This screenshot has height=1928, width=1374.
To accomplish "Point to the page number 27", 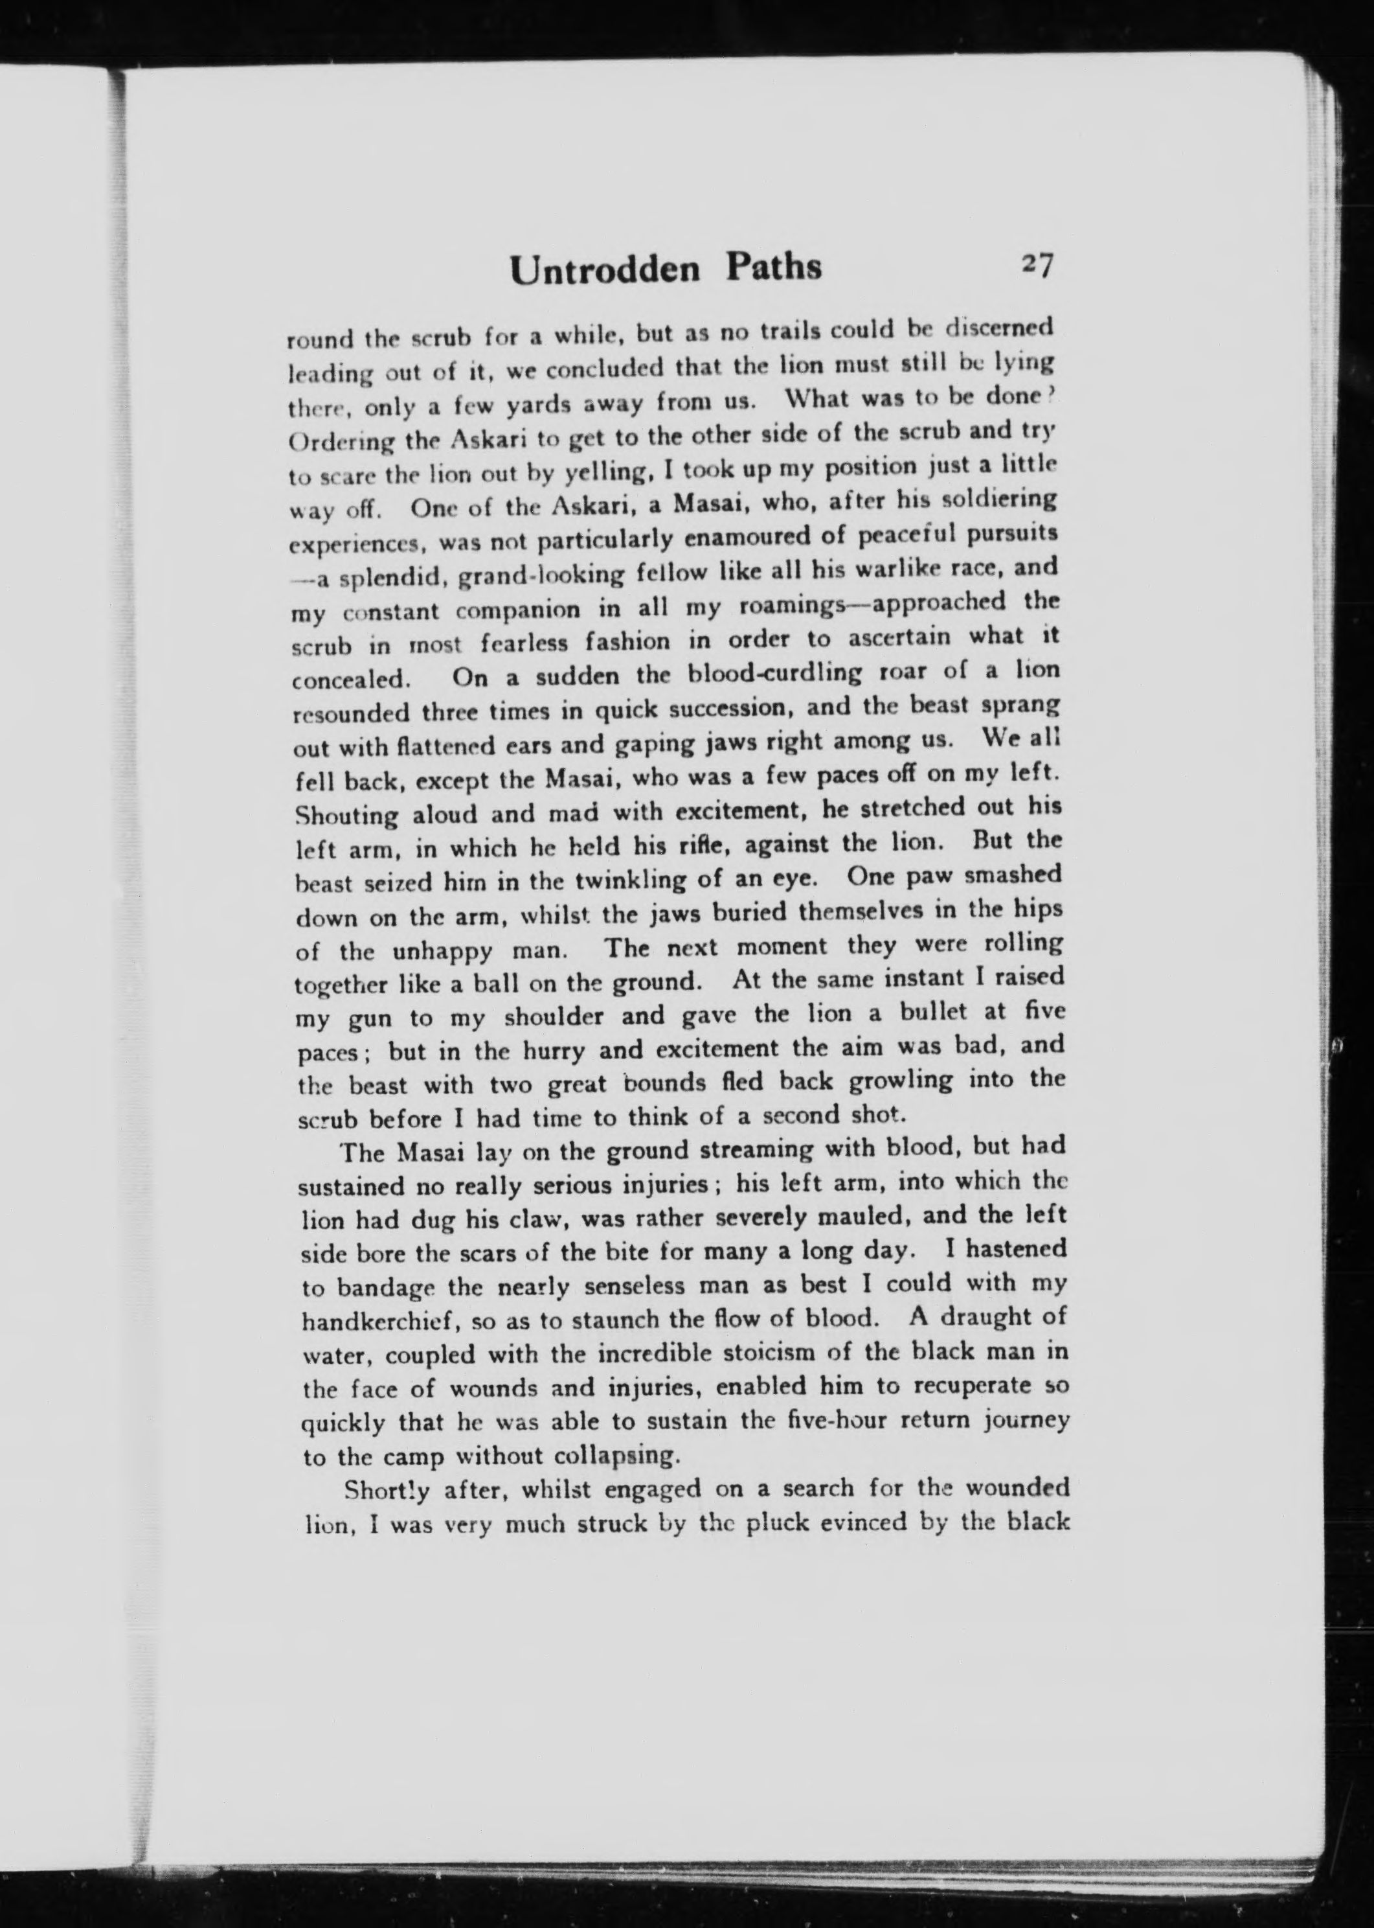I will point(1037,265).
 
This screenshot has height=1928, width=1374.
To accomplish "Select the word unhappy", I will point(444,950).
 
